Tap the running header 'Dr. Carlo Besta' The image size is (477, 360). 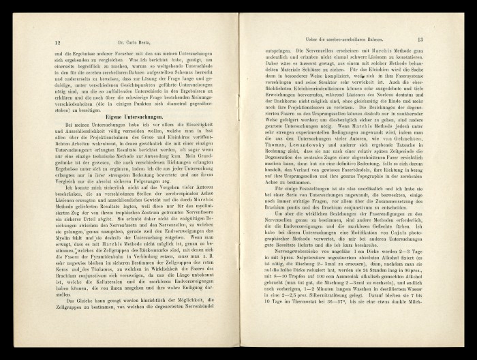point(136,42)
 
